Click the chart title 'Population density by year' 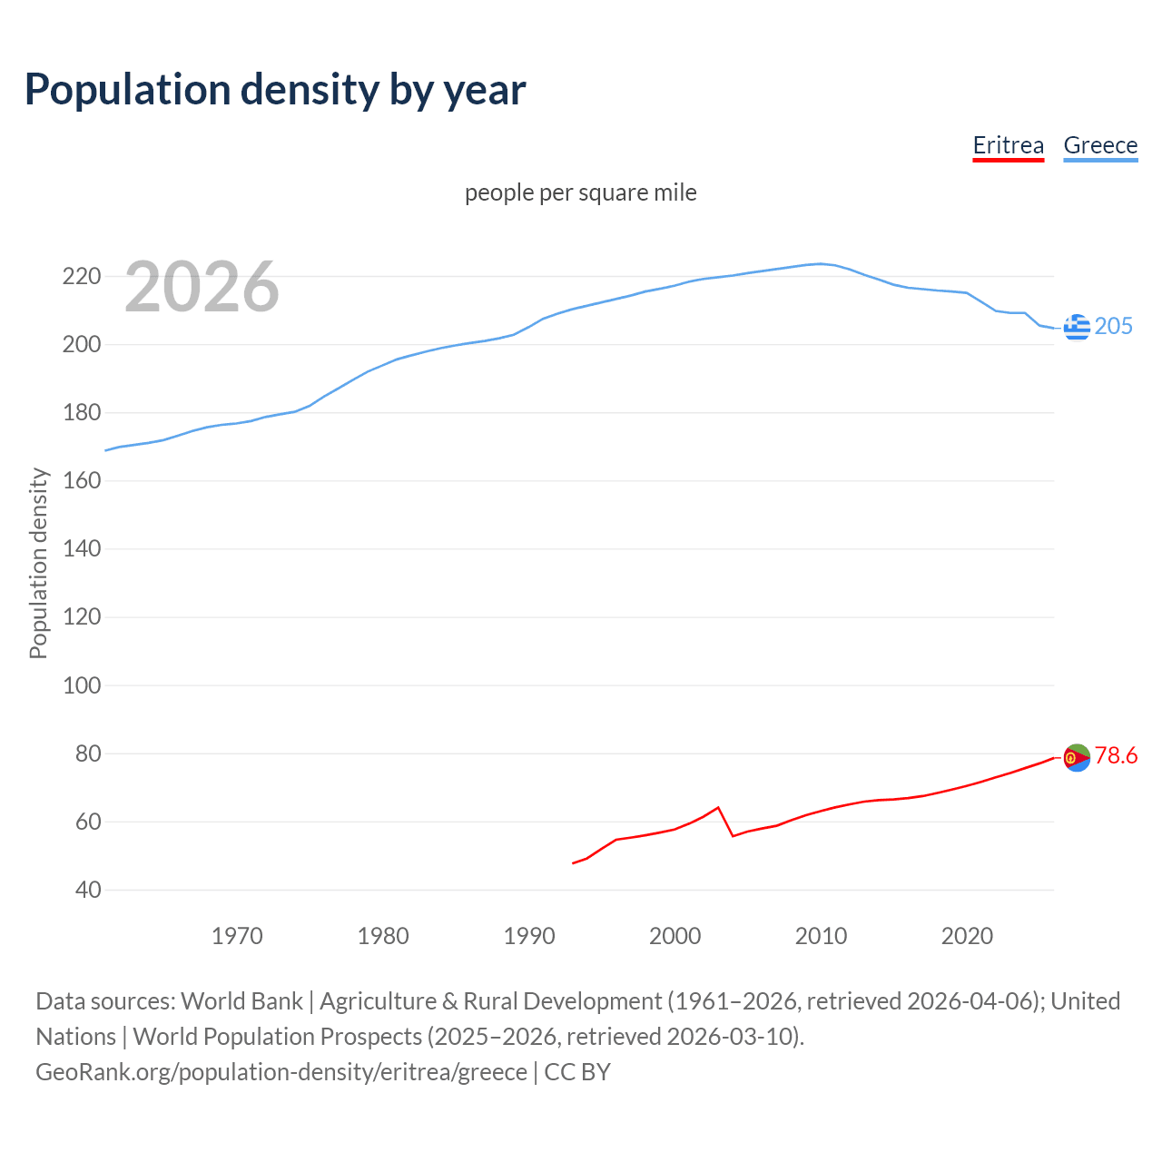(275, 90)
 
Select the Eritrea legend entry (1008, 145)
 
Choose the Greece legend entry (1100, 145)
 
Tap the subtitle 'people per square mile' (580, 192)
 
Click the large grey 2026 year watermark (202, 287)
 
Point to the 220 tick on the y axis (81, 276)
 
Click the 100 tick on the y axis (81, 685)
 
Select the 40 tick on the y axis (88, 890)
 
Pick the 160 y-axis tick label (81, 480)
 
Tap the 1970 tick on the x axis (237, 936)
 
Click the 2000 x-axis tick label (675, 936)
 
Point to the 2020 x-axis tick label (967, 936)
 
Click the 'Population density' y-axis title (38, 563)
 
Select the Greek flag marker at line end (1077, 327)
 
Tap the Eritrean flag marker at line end (1077, 757)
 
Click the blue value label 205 (1114, 326)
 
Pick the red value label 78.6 (1116, 755)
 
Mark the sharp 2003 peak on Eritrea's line (718, 807)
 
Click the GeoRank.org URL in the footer (281, 1071)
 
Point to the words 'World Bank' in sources (241, 1000)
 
